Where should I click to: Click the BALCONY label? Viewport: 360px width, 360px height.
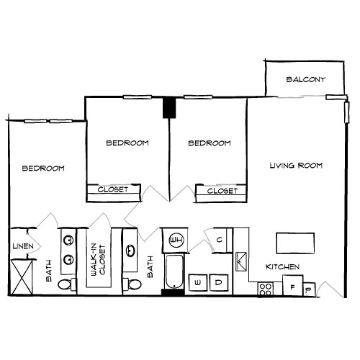[306, 79]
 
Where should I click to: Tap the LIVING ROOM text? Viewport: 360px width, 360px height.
[296, 166]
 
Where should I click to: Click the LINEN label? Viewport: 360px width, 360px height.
[21, 247]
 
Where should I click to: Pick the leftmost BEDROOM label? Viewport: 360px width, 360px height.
[43, 168]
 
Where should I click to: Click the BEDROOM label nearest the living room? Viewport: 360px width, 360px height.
[210, 143]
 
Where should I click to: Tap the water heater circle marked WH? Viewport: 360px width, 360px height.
[176, 239]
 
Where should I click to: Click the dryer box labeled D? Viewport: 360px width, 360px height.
[219, 284]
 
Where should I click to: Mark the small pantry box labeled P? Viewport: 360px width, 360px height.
[310, 289]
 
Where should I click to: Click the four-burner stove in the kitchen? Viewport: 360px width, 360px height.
[266, 289]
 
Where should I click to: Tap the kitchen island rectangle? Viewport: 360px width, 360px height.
[296, 242]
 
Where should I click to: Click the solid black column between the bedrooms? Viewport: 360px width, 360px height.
[169, 107]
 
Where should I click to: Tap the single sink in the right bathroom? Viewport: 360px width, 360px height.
[131, 251]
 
